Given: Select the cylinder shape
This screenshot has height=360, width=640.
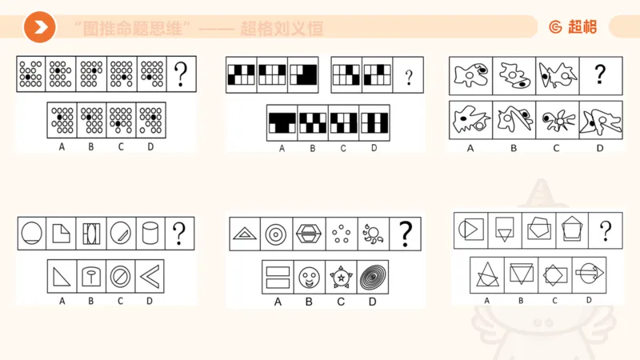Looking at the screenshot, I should [150, 233].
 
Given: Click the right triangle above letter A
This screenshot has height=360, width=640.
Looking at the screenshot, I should [61, 277].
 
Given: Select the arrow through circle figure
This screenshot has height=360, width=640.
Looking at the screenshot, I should [589, 274].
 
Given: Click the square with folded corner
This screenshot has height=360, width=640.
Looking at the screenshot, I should [62, 233].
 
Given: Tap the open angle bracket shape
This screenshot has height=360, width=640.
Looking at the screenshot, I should [149, 277].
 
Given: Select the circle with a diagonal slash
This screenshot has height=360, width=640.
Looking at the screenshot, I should [120, 277].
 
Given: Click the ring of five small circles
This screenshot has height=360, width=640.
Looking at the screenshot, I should [342, 234].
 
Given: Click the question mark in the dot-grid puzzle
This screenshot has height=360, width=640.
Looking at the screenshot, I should [182, 74].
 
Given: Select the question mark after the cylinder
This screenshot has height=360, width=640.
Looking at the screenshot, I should [179, 233].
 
